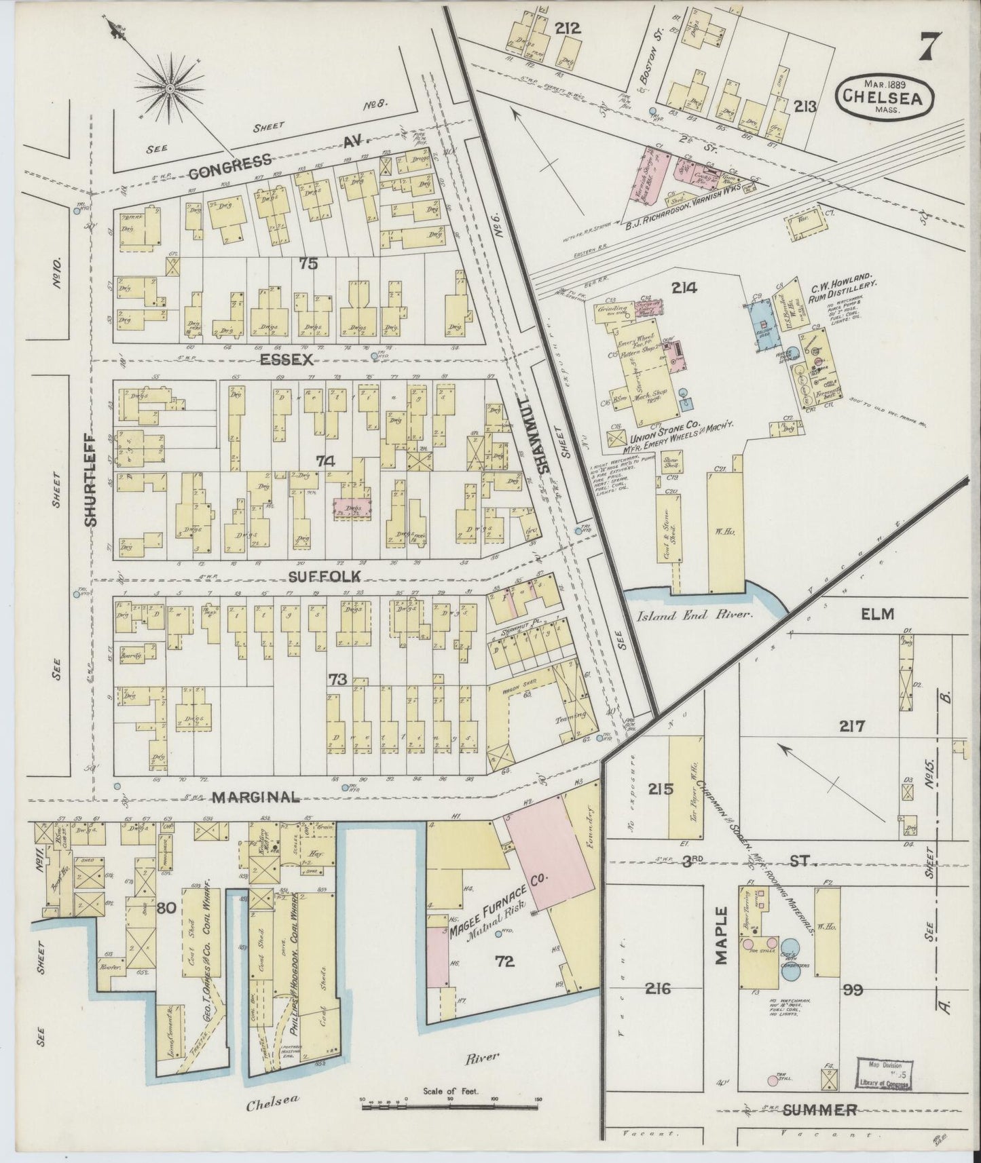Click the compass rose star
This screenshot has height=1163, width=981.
[x=168, y=88]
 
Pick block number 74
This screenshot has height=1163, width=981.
[x=326, y=461]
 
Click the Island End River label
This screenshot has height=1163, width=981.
[x=698, y=615]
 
